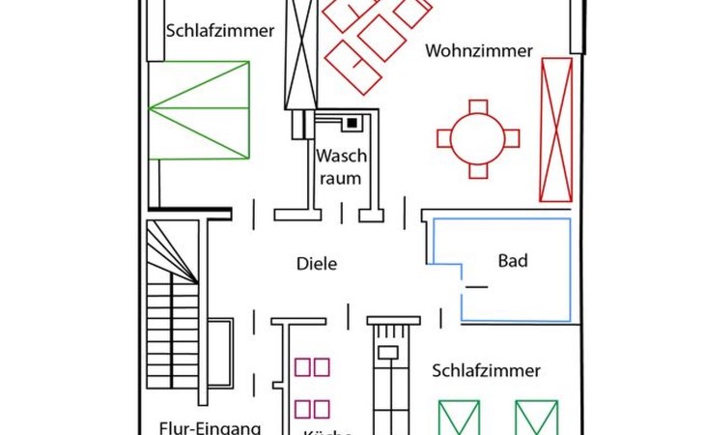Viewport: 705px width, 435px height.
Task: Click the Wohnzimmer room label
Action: [479, 51]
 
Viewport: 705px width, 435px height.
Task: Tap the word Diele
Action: [316, 263]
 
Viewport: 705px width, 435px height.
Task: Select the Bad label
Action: [513, 261]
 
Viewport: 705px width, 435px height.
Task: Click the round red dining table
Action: [478, 138]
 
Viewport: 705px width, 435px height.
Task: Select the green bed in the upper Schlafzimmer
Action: [199, 109]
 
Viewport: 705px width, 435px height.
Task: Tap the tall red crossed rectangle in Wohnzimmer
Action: [556, 130]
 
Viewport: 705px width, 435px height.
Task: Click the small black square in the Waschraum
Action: [352, 123]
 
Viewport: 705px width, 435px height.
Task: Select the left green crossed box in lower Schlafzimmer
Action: [460, 418]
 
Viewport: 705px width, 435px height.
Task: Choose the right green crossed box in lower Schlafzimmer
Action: [536, 418]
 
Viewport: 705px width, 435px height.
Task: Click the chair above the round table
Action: [478, 105]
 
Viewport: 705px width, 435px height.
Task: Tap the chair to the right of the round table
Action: [512, 138]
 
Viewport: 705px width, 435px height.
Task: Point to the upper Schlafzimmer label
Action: [219, 30]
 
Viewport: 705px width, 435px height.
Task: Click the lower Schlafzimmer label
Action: [486, 370]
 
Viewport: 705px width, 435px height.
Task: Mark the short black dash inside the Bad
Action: [476, 287]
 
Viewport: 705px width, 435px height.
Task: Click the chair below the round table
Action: [478, 171]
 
